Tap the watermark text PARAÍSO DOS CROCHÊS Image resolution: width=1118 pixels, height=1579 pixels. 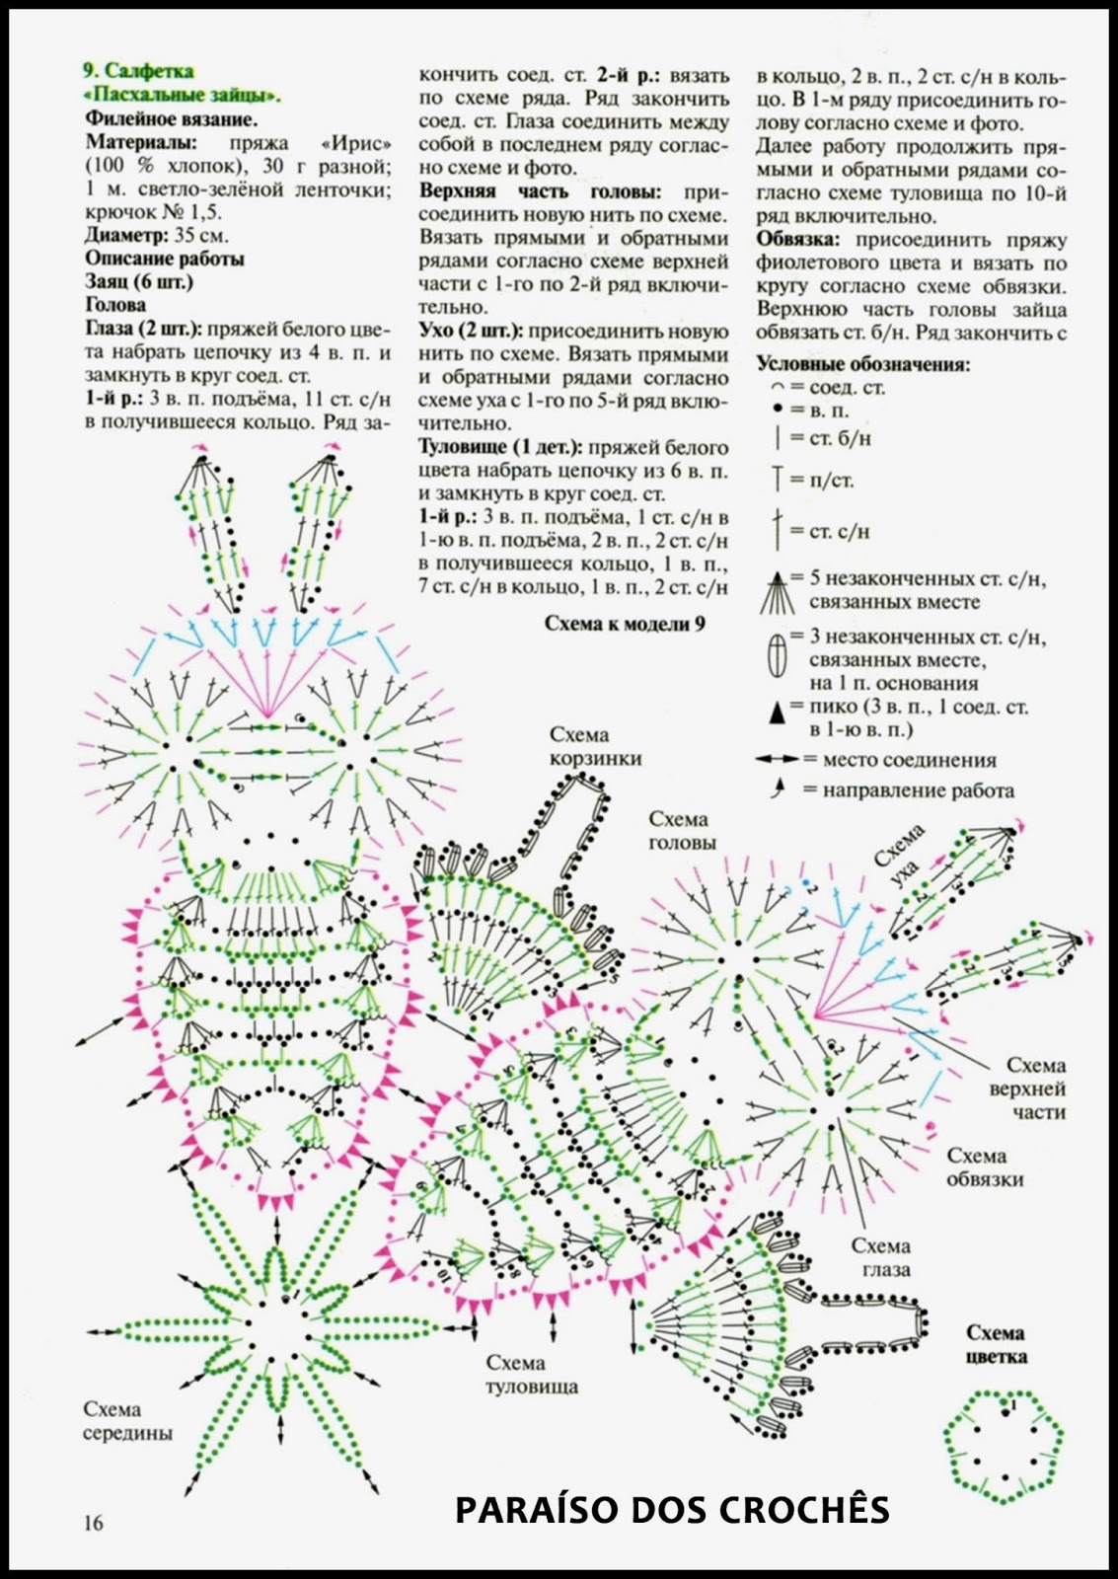click(672, 1509)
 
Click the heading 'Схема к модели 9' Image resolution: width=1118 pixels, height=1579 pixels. click(625, 624)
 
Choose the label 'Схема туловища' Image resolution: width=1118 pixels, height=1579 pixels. click(531, 1375)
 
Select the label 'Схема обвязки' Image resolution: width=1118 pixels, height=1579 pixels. click(985, 1166)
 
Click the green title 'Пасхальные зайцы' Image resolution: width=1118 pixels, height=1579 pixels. click(181, 96)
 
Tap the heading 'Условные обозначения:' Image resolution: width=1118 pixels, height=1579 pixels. click(862, 364)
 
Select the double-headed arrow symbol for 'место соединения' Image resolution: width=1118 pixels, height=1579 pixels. click(777, 760)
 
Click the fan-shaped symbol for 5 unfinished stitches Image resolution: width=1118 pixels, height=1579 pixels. click(778, 592)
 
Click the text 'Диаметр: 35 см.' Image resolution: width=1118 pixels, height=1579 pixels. click(157, 236)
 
